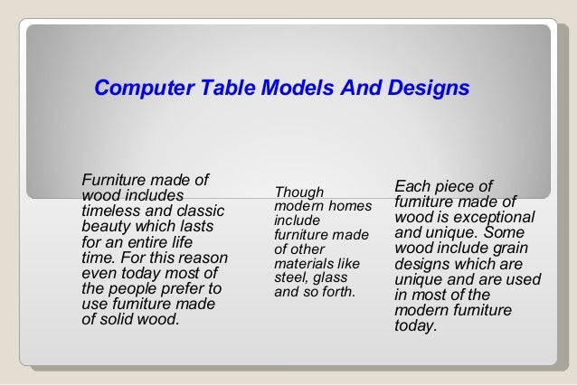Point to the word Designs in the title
427,89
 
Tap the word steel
290,278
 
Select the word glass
335,278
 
